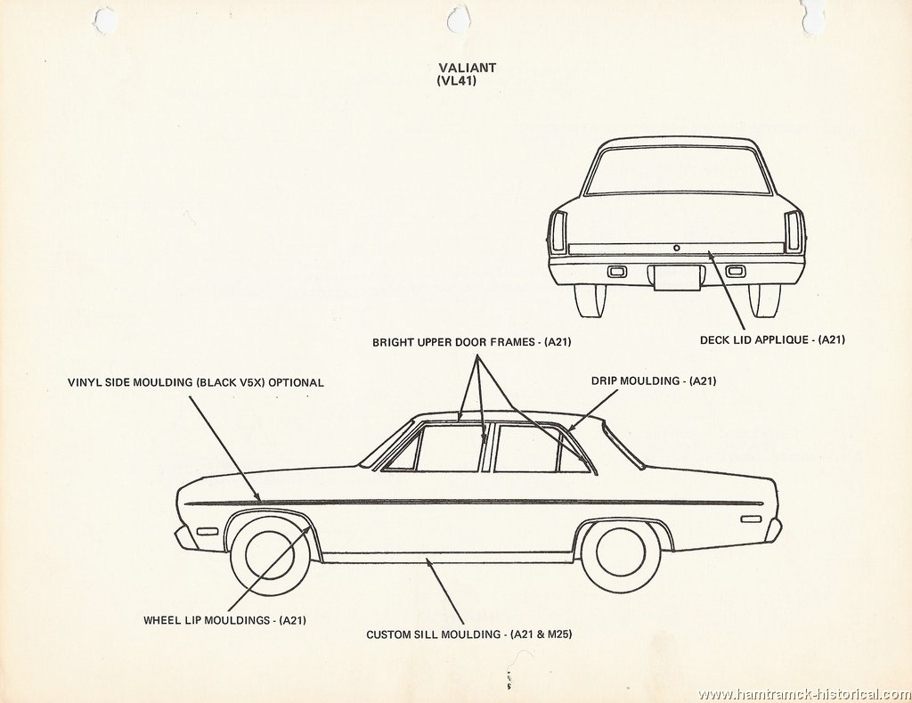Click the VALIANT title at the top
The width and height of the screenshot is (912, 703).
pos(467,68)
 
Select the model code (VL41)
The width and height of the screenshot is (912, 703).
pos(456,81)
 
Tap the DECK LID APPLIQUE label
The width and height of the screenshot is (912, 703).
pos(772,339)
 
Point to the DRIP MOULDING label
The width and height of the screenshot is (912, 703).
pos(654,381)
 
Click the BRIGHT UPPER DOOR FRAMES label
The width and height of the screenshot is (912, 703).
pos(472,342)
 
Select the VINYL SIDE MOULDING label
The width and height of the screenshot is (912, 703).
pos(195,383)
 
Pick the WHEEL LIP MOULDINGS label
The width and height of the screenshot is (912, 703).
pos(225,620)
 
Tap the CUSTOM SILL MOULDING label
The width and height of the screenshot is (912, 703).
pos(468,634)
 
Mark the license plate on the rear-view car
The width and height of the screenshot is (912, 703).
pos(677,278)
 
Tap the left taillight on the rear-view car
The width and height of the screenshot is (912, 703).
pos(559,232)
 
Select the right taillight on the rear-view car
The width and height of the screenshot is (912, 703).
pos(793,232)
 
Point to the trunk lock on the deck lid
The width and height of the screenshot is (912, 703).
pos(677,248)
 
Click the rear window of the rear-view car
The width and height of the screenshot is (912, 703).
pos(677,170)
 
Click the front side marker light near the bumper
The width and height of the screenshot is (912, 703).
pos(207,532)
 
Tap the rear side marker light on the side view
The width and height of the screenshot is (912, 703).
pos(751,519)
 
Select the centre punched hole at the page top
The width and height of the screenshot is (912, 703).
pos(457,21)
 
